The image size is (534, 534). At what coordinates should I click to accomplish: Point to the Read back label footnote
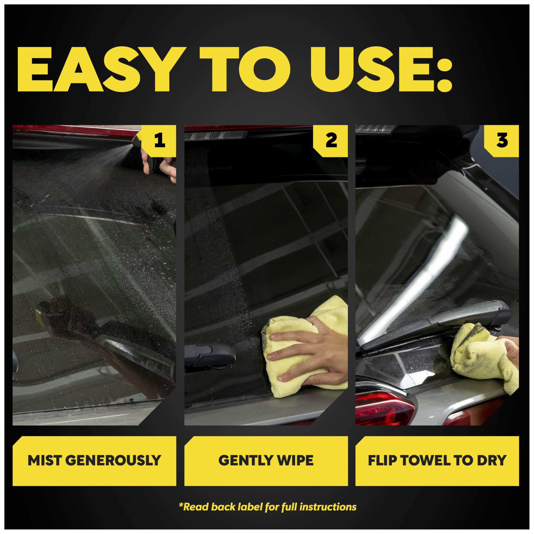268,507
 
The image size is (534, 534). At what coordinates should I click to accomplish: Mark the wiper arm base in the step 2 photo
210,355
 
